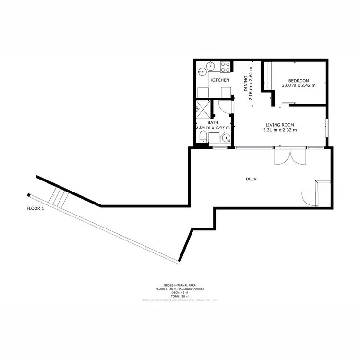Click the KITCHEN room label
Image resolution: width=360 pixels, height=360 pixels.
click(220, 80)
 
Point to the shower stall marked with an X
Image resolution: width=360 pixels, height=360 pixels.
click(203, 109)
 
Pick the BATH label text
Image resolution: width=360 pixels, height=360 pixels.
click(213, 122)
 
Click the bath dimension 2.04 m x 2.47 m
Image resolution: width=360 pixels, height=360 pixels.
click(213, 128)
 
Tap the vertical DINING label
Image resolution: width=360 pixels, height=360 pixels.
click(245, 84)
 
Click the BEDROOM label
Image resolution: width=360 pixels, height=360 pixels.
click(299, 80)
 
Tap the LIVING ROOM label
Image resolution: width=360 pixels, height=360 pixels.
click(280, 124)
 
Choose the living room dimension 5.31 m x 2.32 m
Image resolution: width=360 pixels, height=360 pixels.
click(280, 130)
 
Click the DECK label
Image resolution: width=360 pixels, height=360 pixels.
click(252, 179)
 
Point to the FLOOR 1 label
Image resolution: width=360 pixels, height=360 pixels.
click(35, 209)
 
